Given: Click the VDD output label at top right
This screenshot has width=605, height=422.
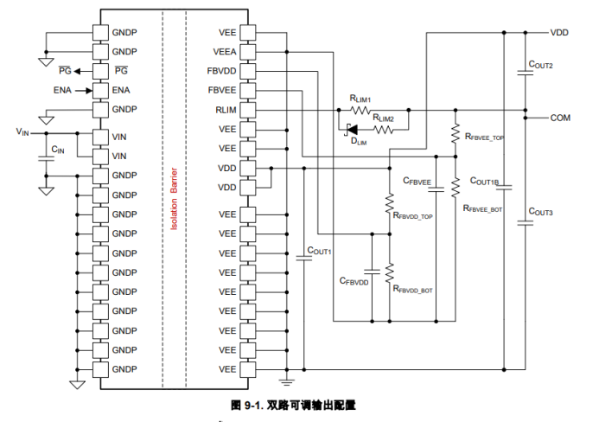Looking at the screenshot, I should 559,32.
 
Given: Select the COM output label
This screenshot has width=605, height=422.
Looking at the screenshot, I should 560,118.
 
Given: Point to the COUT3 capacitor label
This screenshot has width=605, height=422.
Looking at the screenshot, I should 540,212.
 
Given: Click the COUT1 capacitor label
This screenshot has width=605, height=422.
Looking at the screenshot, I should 320,252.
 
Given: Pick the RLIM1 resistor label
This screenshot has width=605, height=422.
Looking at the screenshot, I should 360,99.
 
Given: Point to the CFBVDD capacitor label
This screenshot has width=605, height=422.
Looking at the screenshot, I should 354,282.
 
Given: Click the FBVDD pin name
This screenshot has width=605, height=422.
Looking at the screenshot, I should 223,71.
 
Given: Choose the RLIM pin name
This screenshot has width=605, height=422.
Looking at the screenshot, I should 226,110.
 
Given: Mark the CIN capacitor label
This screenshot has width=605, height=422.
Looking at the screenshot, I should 58,150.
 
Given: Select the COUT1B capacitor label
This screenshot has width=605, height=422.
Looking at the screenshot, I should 485,182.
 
